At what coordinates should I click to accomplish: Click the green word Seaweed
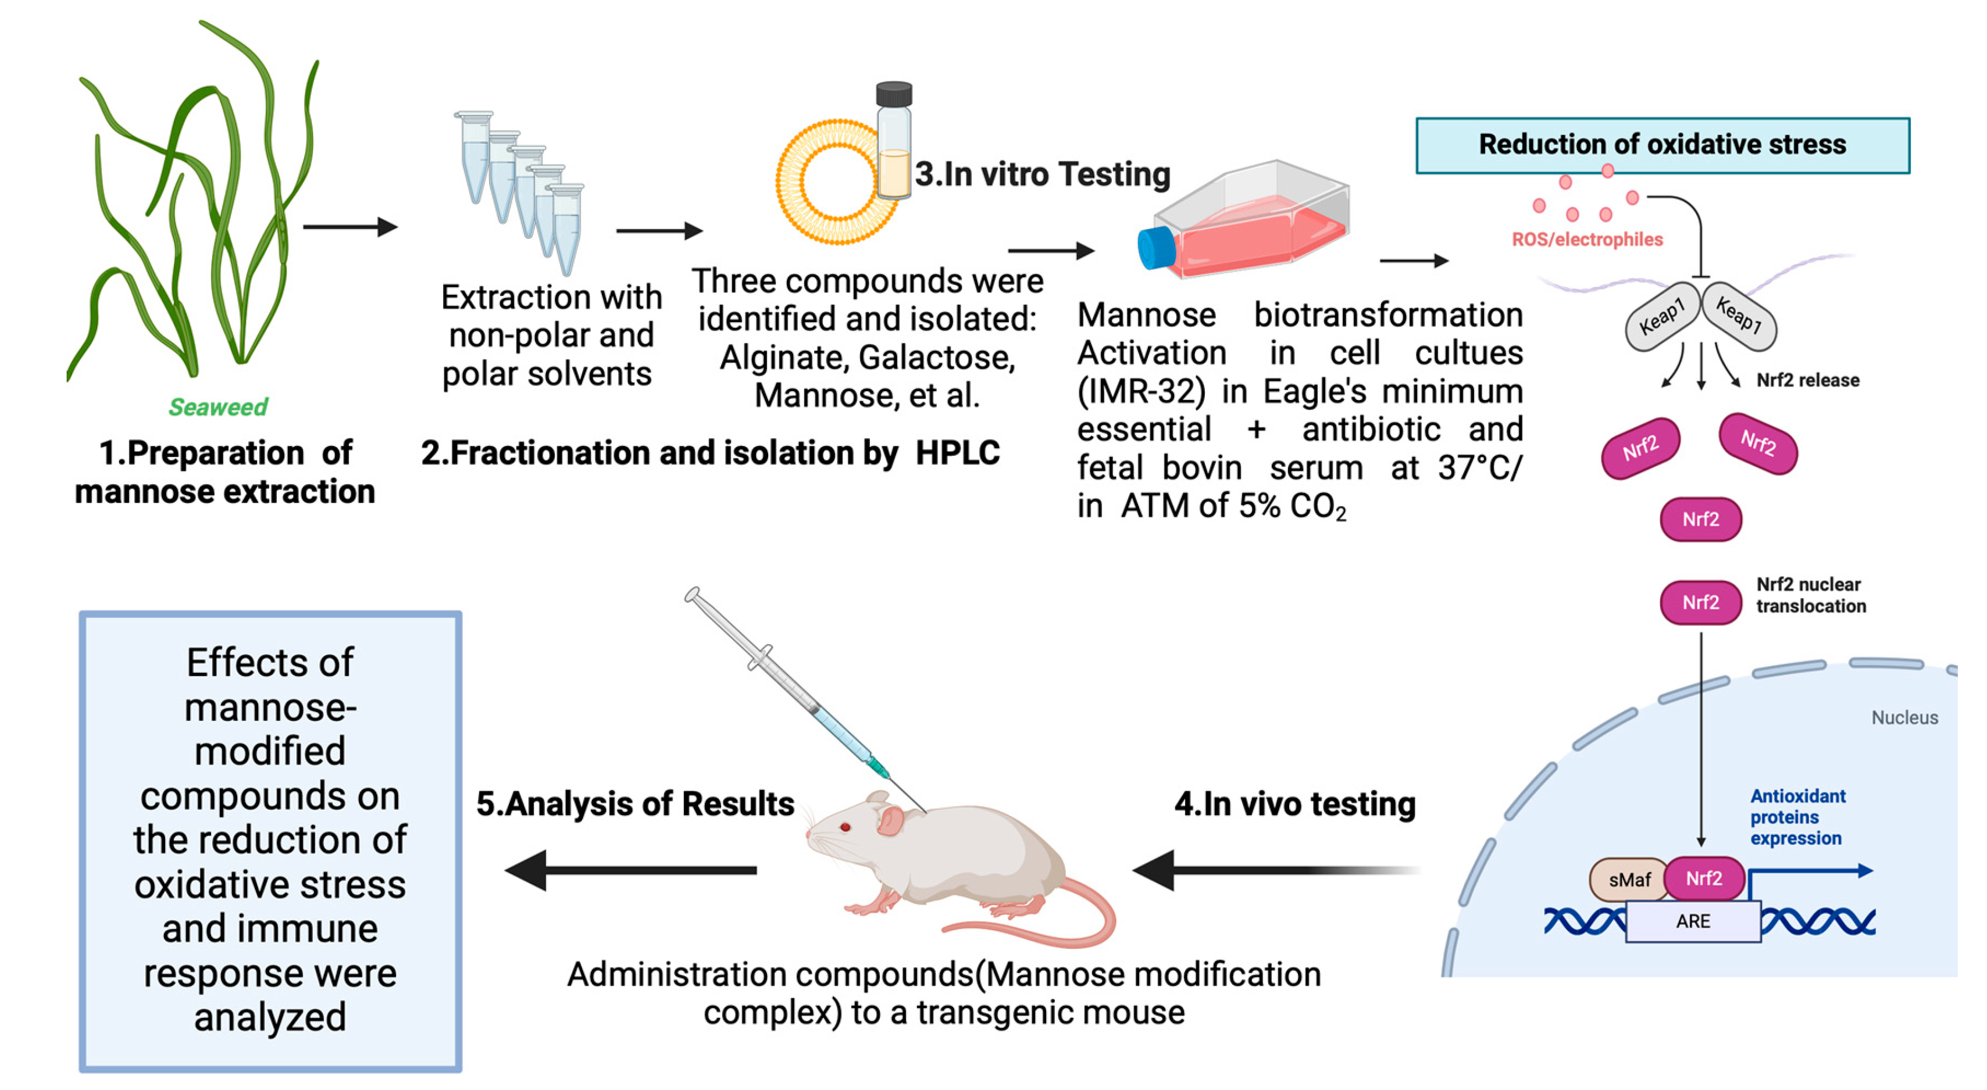[x=218, y=407]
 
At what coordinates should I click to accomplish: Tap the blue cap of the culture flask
[x=1155, y=248]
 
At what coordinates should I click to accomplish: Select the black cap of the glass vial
[x=894, y=94]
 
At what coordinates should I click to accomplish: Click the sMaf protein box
[x=1628, y=880]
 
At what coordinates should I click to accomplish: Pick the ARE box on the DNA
[x=1693, y=921]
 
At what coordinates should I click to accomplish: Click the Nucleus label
[x=1904, y=718]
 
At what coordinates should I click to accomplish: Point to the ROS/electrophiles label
[x=1587, y=240]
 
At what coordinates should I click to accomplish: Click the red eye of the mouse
[x=846, y=827]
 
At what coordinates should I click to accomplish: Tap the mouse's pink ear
[x=889, y=820]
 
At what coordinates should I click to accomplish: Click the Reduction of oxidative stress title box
[x=1663, y=145]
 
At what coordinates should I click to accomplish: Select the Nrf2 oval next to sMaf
[x=1704, y=879]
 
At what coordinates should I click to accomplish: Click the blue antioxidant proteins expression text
[x=1796, y=817]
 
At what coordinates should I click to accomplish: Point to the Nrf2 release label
[x=1807, y=380]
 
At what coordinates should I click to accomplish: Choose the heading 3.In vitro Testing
[x=1042, y=174]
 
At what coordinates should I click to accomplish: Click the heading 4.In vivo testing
[x=1294, y=804]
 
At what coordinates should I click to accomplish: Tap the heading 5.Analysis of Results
[x=635, y=804]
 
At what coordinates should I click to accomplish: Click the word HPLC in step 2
[x=957, y=452]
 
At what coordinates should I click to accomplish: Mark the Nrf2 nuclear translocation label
[x=1810, y=595]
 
